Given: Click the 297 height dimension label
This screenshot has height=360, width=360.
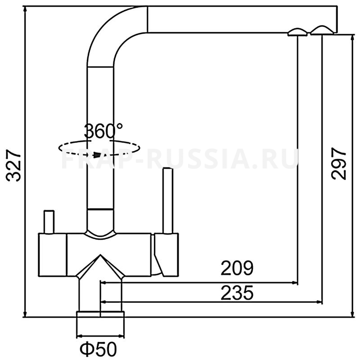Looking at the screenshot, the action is click(338, 163).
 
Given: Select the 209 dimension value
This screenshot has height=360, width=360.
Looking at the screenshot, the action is click(237, 268).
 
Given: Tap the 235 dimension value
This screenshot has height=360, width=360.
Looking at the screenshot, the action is click(237, 293).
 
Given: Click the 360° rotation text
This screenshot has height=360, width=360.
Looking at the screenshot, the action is click(103, 131).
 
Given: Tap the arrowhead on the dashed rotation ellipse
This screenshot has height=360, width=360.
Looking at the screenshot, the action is click(98, 155).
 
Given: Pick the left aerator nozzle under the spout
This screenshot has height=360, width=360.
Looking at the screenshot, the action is click(297, 32).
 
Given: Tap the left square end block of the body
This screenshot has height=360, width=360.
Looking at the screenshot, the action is click(52, 255).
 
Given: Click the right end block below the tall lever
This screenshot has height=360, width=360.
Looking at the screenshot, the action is click(166, 255).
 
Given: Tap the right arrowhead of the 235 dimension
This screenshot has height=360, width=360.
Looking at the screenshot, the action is click(319, 302).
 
